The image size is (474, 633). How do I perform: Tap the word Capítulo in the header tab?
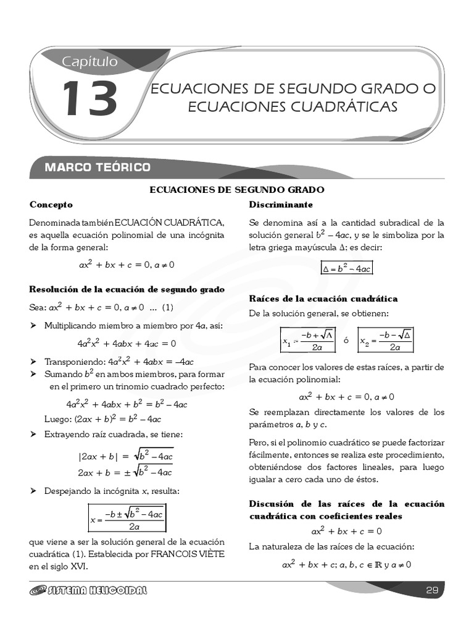[x=89, y=61]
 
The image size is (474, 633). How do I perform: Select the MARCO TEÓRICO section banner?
[x=98, y=168]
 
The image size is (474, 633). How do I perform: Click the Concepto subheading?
[x=51, y=205]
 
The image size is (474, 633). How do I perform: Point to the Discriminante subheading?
[x=281, y=205]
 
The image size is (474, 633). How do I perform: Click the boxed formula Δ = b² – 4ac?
[x=347, y=268]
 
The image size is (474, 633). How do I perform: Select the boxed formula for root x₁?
[x=307, y=341]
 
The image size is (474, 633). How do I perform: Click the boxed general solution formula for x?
[x=127, y=519]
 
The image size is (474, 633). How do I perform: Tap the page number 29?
[x=432, y=590]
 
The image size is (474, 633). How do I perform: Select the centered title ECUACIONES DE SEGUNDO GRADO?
[x=238, y=190]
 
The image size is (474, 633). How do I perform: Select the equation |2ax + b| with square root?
[x=125, y=457]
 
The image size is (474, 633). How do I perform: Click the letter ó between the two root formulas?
[x=346, y=341]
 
